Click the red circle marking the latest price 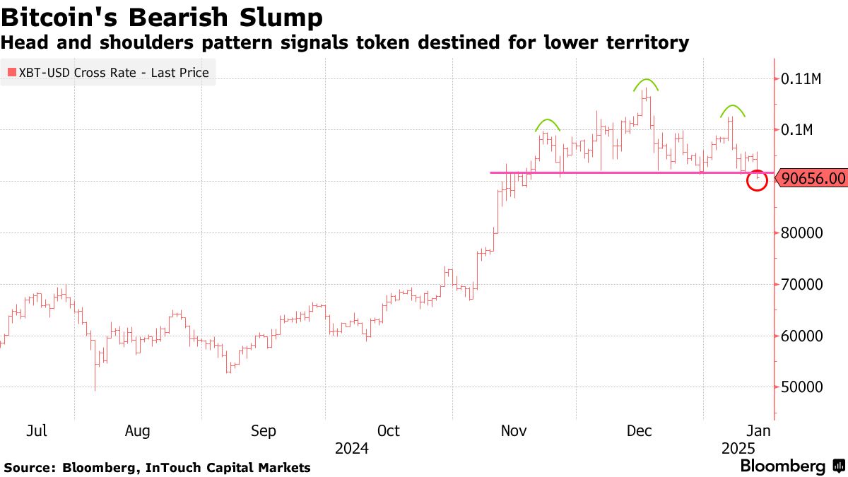(x=756, y=180)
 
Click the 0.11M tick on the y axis (x=801, y=78)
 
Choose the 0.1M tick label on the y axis (x=797, y=130)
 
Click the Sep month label (x=264, y=430)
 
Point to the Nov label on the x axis (x=514, y=430)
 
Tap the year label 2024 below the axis (x=353, y=448)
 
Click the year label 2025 (x=738, y=448)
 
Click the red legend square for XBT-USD (x=11, y=72)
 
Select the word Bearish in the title (x=178, y=18)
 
